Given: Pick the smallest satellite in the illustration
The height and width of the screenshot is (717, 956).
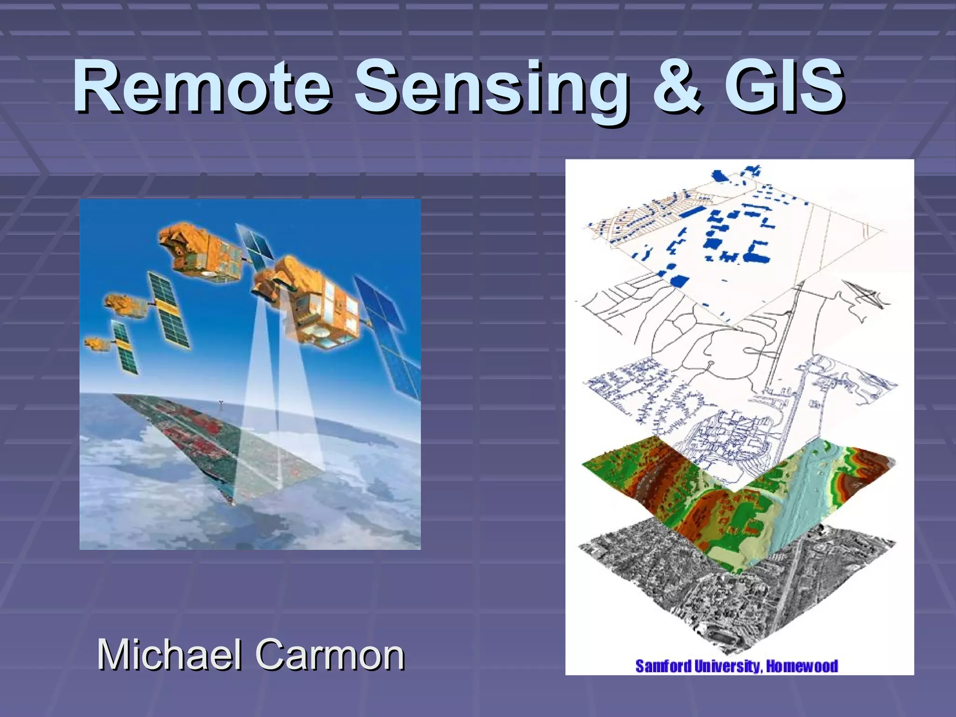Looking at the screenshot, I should pos(96,344).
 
